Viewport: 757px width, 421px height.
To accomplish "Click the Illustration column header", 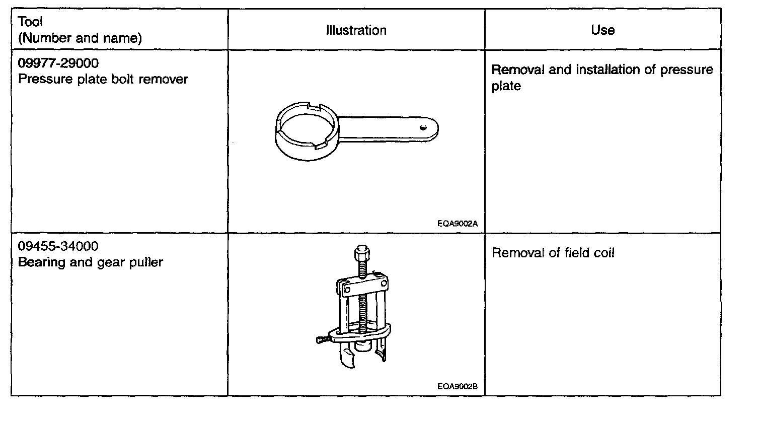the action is click(356, 30).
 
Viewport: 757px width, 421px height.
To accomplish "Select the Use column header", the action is click(602, 30).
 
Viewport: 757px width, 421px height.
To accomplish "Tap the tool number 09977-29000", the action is click(58, 63).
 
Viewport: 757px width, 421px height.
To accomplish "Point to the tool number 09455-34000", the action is click(58, 246).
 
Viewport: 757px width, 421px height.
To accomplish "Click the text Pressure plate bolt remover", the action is click(103, 79).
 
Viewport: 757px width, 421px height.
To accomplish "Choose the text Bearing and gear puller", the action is click(91, 262).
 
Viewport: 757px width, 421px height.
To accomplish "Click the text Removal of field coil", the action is click(553, 253).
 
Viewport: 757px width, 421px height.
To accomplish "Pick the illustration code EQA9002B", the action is click(457, 387).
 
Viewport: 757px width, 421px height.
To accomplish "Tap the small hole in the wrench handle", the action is click(424, 127).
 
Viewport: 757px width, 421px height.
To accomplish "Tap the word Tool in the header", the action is click(31, 22).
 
